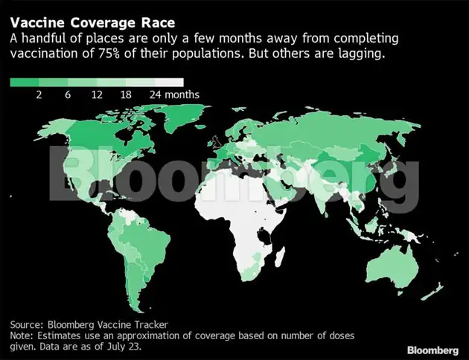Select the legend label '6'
[x=68, y=95]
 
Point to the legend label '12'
[x=97, y=95]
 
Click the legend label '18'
[x=126, y=95]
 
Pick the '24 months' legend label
[x=174, y=95]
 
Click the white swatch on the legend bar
[x=170, y=83]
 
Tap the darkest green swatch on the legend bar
[x=24, y=83]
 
